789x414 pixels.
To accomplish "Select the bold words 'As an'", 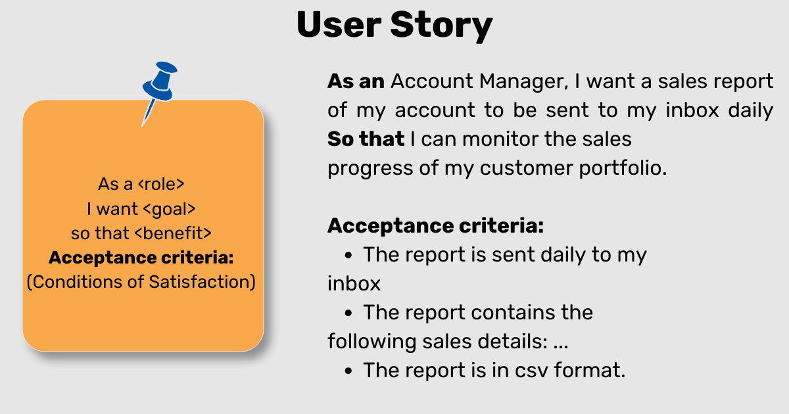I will [x=356, y=81].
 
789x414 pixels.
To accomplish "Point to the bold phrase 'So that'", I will [x=366, y=139].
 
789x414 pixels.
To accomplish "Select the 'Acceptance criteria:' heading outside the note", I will [x=435, y=225].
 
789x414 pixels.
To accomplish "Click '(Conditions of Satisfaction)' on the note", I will [x=141, y=282].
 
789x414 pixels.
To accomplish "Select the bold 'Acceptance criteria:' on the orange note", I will [x=141, y=257].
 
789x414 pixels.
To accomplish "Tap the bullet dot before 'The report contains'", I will [x=349, y=313].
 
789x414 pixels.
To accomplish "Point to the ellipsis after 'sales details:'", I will [x=561, y=342].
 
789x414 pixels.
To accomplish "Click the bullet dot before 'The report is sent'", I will [x=349, y=255].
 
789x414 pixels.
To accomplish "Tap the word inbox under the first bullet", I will [x=354, y=284].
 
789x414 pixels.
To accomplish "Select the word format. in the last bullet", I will [x=590, y=370].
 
